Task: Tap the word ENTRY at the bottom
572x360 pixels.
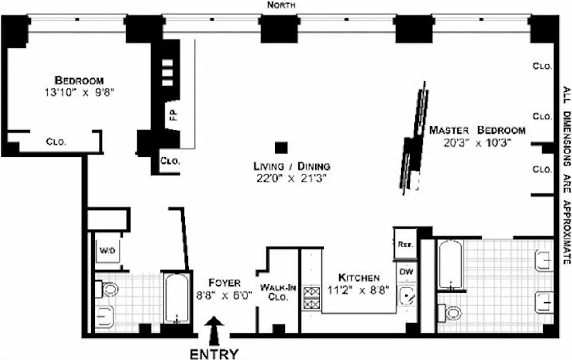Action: coord(214,353)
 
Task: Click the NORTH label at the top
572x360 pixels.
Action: coord(281,5)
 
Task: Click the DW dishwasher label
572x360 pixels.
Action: coord(406,272)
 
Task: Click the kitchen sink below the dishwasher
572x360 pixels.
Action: coord(407,295)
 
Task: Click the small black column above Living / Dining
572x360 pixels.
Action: coord(281,148)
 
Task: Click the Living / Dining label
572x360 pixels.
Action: coord(292,166)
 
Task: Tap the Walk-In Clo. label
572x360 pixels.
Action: coord(278,292)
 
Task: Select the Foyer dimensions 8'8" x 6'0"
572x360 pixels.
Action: coord(224,296)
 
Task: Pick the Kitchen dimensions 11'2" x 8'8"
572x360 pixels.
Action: coord(359,290)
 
